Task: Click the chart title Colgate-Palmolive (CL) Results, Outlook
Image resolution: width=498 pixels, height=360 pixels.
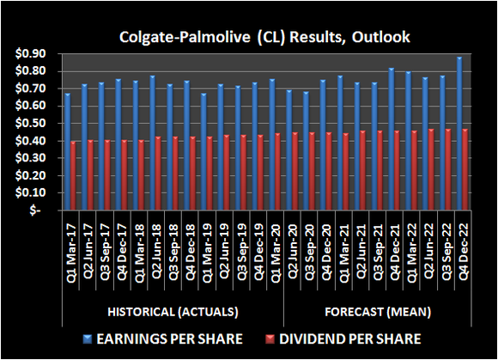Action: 249,38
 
